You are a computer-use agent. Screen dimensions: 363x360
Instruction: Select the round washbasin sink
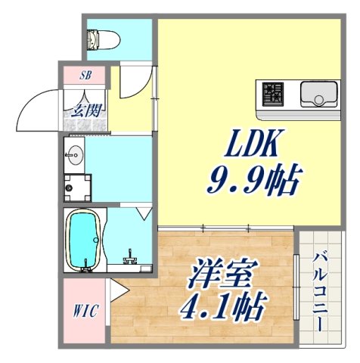[x=75, y=157]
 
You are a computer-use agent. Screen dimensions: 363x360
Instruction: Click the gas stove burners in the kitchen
[x=274, y=94]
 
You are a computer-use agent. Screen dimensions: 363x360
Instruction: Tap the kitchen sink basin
[x=318, y=94]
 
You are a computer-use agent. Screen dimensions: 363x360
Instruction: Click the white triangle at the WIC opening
[x=117, y=290]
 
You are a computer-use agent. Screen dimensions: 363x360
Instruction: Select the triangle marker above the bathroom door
[x=144, y=215]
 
